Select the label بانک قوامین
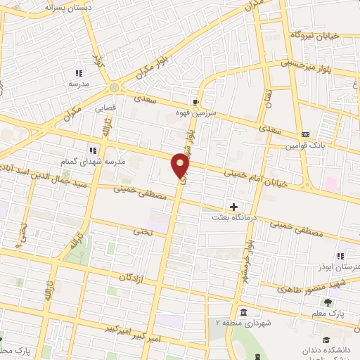coord(304,146)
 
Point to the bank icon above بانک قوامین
coord(304,134)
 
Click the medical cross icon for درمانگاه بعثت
coord(234,207)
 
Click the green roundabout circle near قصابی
coord(114,88)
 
